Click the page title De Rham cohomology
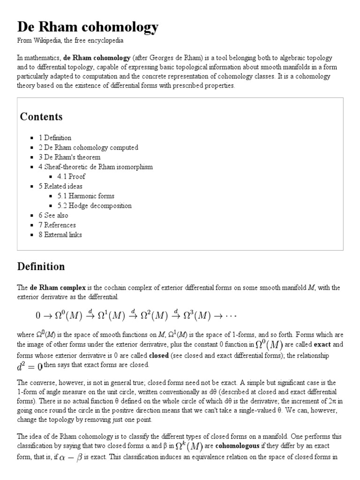(88, 27)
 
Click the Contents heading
(41, 116)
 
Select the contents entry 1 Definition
(55, 138)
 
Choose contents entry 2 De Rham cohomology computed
(88, 147)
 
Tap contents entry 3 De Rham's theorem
(69, 157)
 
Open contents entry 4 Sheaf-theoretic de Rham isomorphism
(96, 167)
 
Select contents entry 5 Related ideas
(60, 186)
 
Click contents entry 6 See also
(53, 215)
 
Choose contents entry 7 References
(57, 225)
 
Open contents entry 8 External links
(60, 235)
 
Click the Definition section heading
(41, 267)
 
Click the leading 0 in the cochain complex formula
(38, 316)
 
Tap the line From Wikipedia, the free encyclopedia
(70, 41)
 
